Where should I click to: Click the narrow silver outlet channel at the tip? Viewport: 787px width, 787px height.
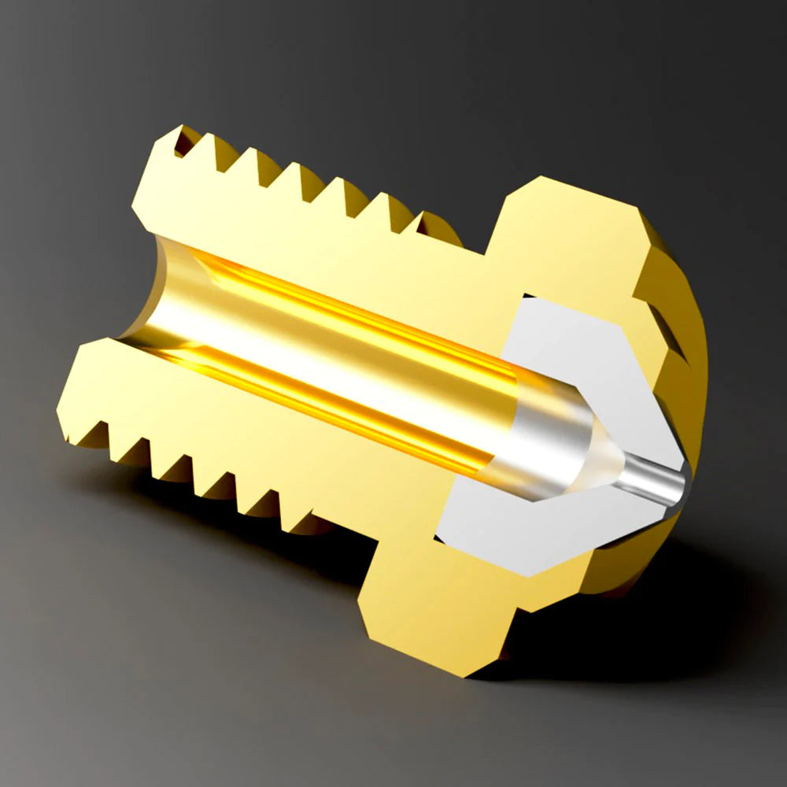pos(653,482)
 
